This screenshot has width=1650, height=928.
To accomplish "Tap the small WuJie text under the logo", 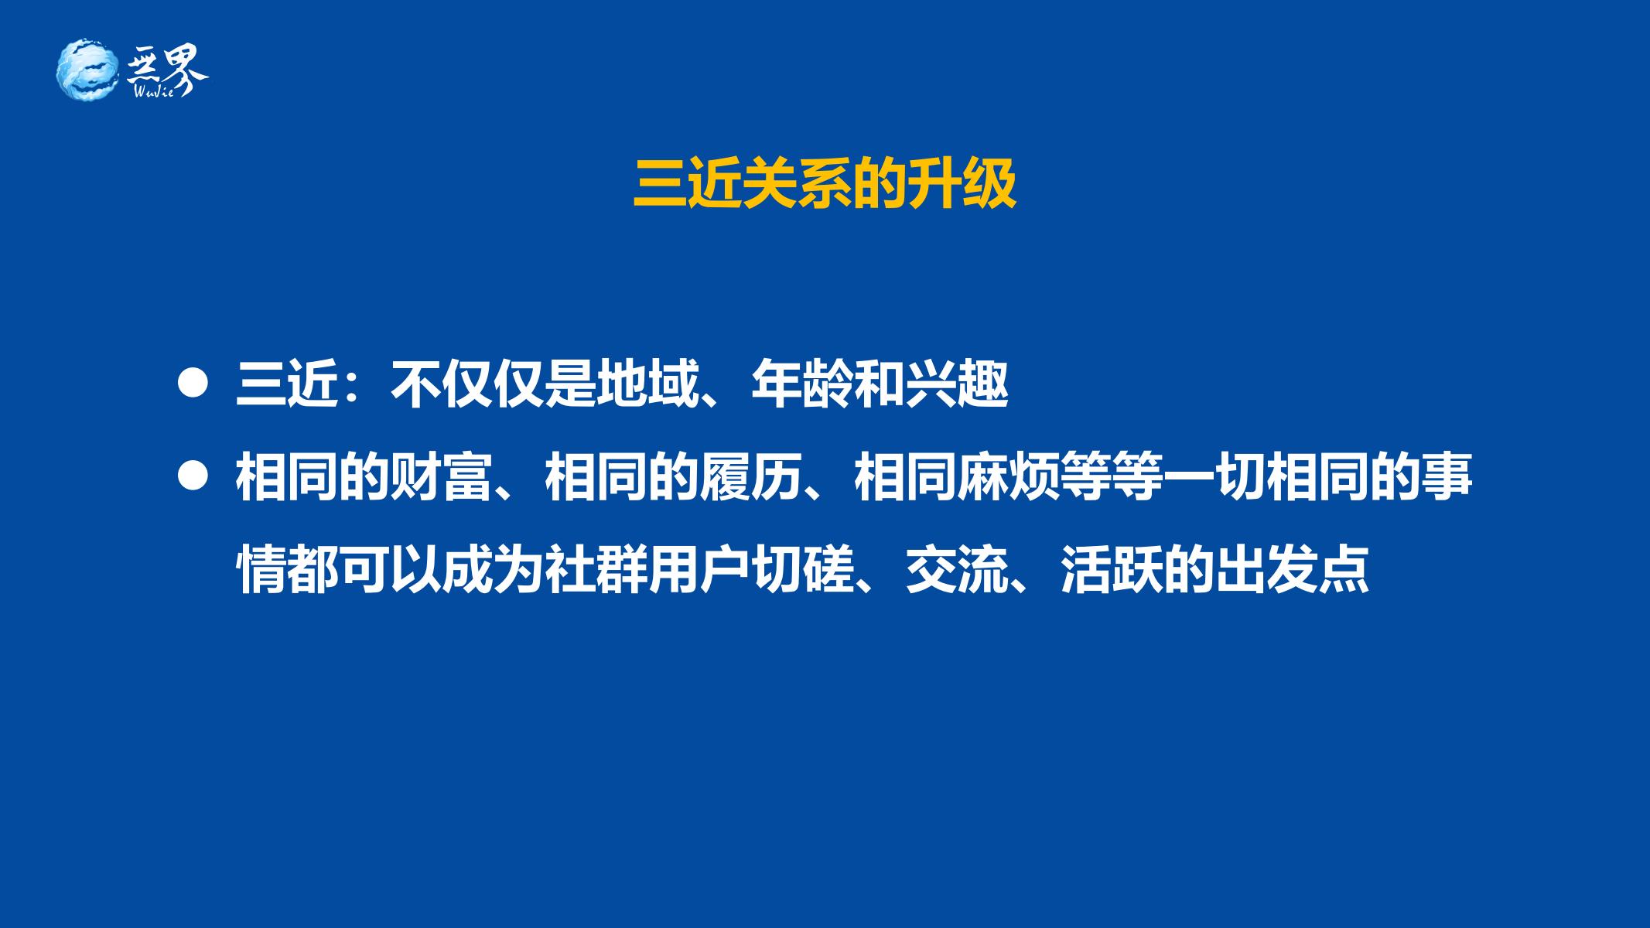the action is click(x=158, y=90).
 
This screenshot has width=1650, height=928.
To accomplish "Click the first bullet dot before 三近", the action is click(x=193, y=384).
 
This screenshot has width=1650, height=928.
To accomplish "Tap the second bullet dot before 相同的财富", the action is click(x=193, y=476).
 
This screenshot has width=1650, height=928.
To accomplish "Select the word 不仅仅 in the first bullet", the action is click(x=467, y=384).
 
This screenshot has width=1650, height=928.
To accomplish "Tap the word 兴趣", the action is click(x=957, y=384).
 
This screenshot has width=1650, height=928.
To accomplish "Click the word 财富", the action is click(x=442, y=477).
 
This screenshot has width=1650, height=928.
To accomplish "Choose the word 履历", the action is click(x=751, y=477).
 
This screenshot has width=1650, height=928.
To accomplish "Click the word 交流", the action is click(x=957, y=570).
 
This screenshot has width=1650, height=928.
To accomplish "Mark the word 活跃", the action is click(x=1112, y=570).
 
